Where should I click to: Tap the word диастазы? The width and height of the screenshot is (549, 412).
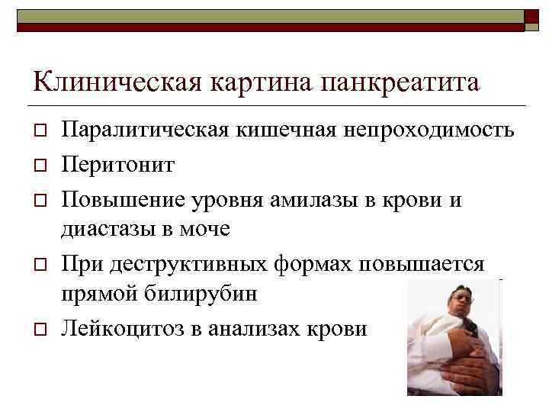(110, 229)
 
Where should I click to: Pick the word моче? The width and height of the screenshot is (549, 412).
(207, 229)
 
